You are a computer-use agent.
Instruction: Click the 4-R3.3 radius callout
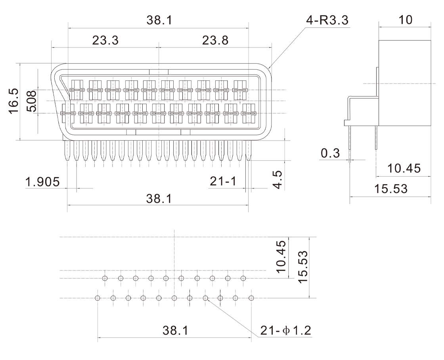pos(327,20)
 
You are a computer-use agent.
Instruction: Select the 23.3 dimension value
pos(105,40)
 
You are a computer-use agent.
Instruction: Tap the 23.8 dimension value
pos(215,40)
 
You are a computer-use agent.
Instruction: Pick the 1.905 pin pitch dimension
pos(42,182)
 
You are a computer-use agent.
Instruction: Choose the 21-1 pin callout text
pos(223,181)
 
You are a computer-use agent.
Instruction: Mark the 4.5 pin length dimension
pos(278,179)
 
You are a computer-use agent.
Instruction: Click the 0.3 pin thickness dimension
pos(330,153)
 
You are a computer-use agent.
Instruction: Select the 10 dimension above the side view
pos(406,20)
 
